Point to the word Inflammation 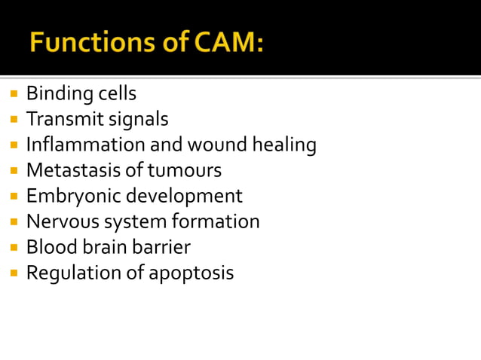(x=83, y=145)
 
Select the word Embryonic (x=73, y=197)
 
